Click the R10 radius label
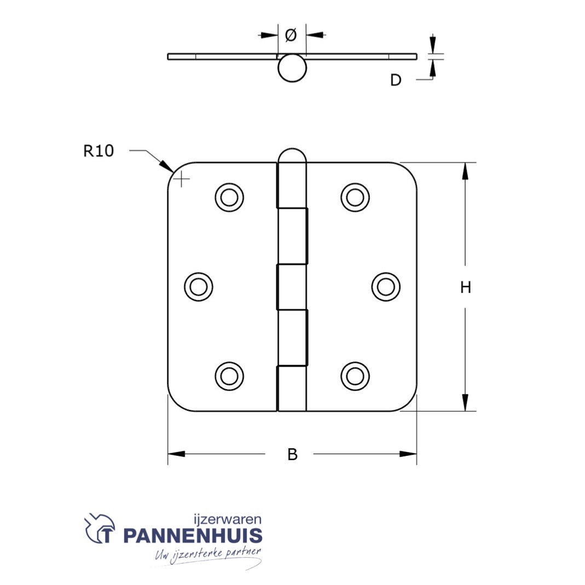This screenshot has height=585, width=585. point(99,150)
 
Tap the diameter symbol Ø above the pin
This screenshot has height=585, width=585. point(291,35)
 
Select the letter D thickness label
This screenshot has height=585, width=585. point(395,80)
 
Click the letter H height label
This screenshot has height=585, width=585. point(465,287)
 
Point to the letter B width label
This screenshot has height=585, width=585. point(293,454)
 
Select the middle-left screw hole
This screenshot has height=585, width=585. point(198,286)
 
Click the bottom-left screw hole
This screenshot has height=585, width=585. point(229,375)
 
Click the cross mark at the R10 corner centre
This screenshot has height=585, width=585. point(181,178)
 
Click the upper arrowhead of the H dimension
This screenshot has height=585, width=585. point(465,171)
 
